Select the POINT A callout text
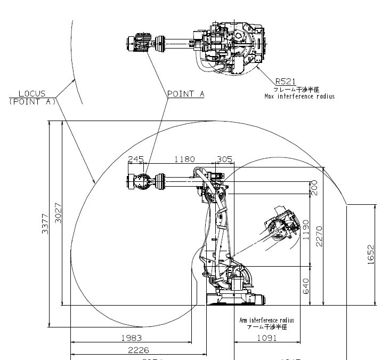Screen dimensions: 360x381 [186, 93]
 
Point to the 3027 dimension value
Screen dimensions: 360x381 [58, 213]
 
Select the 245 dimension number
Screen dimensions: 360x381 [136, 159]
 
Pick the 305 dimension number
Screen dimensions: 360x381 [225, 159]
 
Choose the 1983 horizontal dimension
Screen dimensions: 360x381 [131, 337]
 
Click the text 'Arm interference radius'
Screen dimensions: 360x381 [266, 321]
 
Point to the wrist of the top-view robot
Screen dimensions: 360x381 [143, 43]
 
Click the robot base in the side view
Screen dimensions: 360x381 [234, 299]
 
